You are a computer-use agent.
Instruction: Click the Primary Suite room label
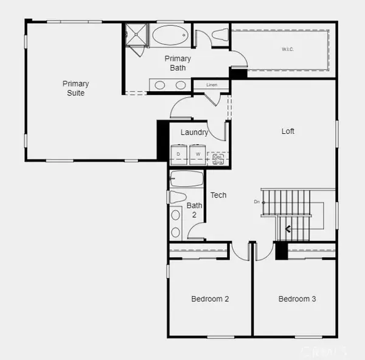[76, 88]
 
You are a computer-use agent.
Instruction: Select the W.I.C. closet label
[288, 49]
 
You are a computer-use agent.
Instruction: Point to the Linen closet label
[212, 85]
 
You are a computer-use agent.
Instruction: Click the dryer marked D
[179, 154]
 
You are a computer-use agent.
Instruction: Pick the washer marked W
[198, 154]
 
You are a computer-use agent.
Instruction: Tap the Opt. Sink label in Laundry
[218, 159]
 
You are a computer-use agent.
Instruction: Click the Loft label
[288, 131]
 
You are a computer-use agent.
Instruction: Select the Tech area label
[218, 195]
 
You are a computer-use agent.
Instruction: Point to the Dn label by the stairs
[257, 202]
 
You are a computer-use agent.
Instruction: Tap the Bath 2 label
[194, 210]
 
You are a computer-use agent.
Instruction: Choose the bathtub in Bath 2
[187, 179]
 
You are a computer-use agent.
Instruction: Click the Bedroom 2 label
[210, 299]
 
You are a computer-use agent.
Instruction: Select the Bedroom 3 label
[297, 299]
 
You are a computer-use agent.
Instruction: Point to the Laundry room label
[195, 133]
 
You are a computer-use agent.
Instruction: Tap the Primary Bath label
[178, 63]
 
